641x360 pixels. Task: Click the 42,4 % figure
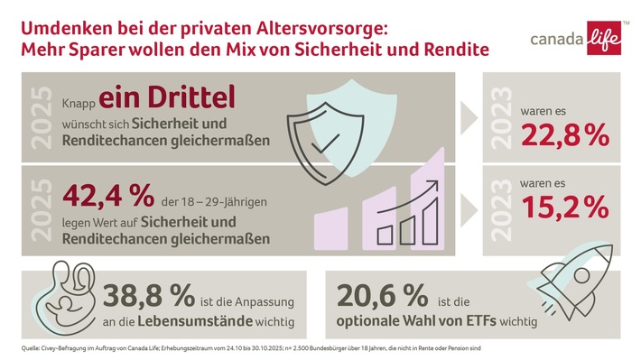coord(101,194)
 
